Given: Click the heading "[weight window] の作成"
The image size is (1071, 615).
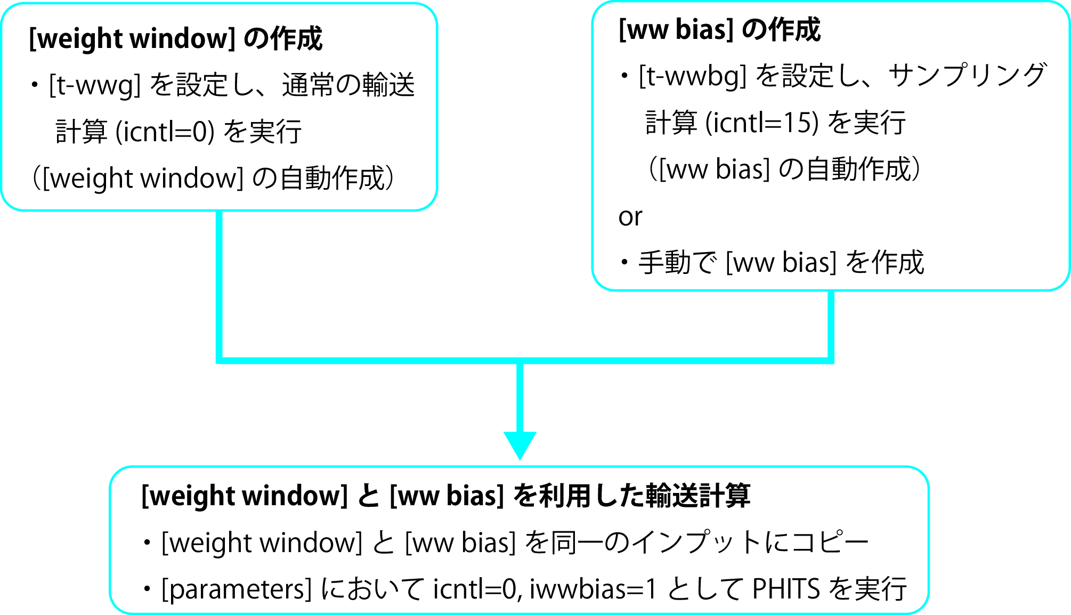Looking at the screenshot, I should point(175,39).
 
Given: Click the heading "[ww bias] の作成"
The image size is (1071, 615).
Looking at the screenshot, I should point(719,30).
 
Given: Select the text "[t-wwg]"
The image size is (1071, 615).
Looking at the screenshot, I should point(95,85).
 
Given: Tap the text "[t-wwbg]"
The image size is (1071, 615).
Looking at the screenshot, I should point(692,76).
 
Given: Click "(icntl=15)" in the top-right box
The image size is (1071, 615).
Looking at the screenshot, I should point(762,123).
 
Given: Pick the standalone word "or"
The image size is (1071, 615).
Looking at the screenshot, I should point(630,217).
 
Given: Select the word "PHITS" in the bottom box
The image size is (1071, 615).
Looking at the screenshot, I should point(786,589).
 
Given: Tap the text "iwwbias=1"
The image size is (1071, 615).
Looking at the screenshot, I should point(593,589).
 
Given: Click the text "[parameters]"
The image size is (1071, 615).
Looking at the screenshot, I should point(236,589).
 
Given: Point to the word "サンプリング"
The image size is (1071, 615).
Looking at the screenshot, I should point(967,76).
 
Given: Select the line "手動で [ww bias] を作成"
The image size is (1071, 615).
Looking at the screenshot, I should point(781,263).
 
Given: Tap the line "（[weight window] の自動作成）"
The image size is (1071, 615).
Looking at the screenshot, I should point(213,179).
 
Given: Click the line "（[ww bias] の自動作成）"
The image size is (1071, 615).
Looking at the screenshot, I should point(783,169).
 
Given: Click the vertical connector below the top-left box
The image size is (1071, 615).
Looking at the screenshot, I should point(219,285).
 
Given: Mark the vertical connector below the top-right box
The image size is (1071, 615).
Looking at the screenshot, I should point(831,325).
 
